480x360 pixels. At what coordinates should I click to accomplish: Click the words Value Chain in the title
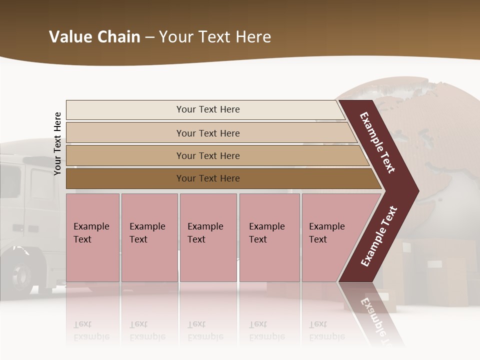[94, 37]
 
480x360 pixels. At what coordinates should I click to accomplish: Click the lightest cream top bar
[125, 109]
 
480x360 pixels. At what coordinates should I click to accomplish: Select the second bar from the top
[125, 133]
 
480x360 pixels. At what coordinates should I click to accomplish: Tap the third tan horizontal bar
[125, 155]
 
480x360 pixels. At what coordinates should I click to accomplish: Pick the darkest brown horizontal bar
[125, 178]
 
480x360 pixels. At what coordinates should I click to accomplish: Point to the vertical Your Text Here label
[57, 143]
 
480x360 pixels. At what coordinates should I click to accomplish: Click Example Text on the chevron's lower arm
[379, 236]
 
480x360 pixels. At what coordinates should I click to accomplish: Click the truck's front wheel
[20, 275]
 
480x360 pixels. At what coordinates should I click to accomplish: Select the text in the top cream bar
[208, 109]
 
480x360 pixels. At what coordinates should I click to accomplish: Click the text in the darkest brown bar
[208, 178]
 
